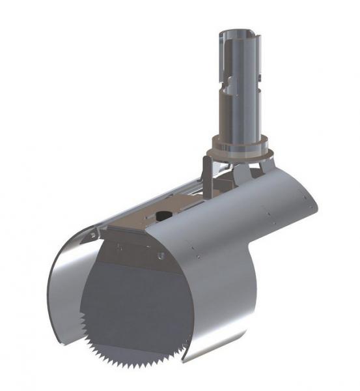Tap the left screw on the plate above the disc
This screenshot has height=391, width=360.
[120, 246]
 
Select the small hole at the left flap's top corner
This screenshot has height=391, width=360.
[93, 234]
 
